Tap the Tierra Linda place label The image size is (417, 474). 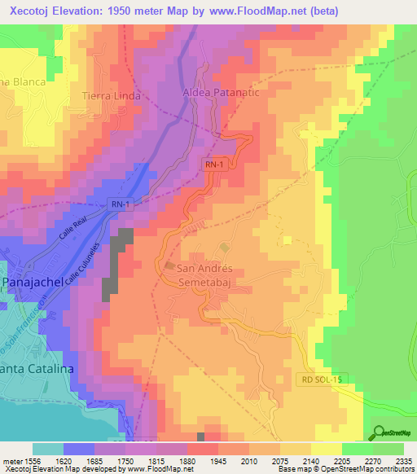point(112,95)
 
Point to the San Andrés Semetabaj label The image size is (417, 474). point(217,275)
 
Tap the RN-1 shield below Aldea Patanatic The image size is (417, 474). point(213,165)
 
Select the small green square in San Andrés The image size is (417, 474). point(224,247)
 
